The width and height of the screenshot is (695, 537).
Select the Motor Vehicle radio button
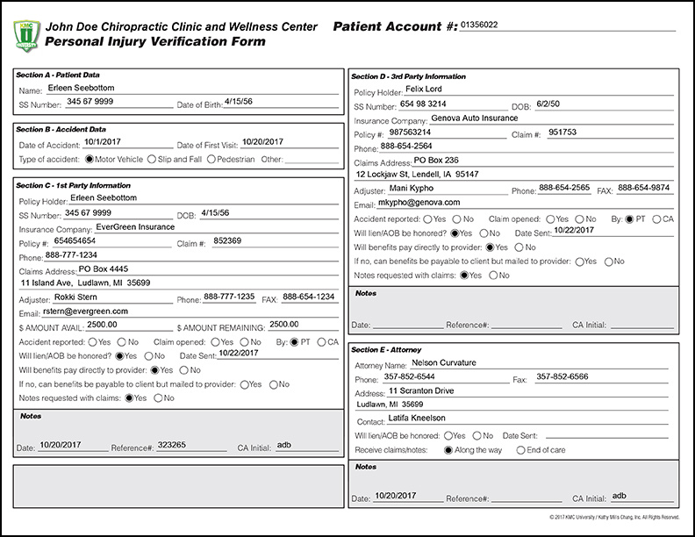90,160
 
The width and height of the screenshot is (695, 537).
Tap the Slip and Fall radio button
153,160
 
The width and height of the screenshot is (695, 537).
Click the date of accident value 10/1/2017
104,141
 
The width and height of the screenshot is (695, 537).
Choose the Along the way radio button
449,449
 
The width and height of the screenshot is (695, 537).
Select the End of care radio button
520,449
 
